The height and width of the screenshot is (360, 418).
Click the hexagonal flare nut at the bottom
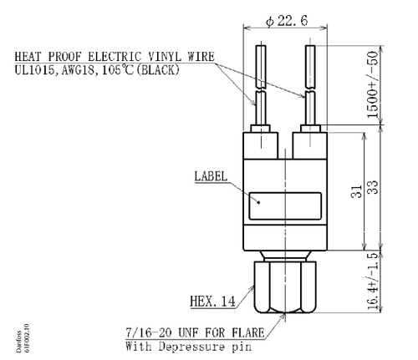(x=285, y=287)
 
